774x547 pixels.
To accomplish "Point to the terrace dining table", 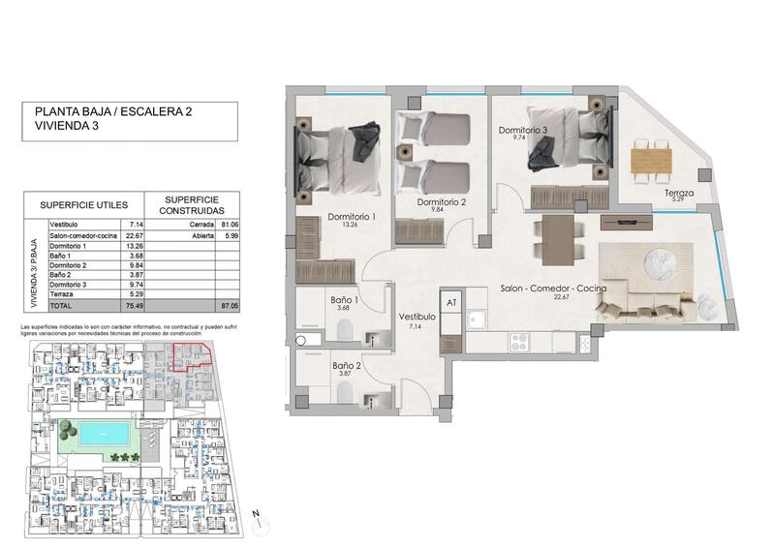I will click(x=651, y=158).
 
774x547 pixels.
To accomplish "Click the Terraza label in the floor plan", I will click(x=679, y=194).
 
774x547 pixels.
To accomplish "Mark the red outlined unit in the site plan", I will click(x=193, y=356).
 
